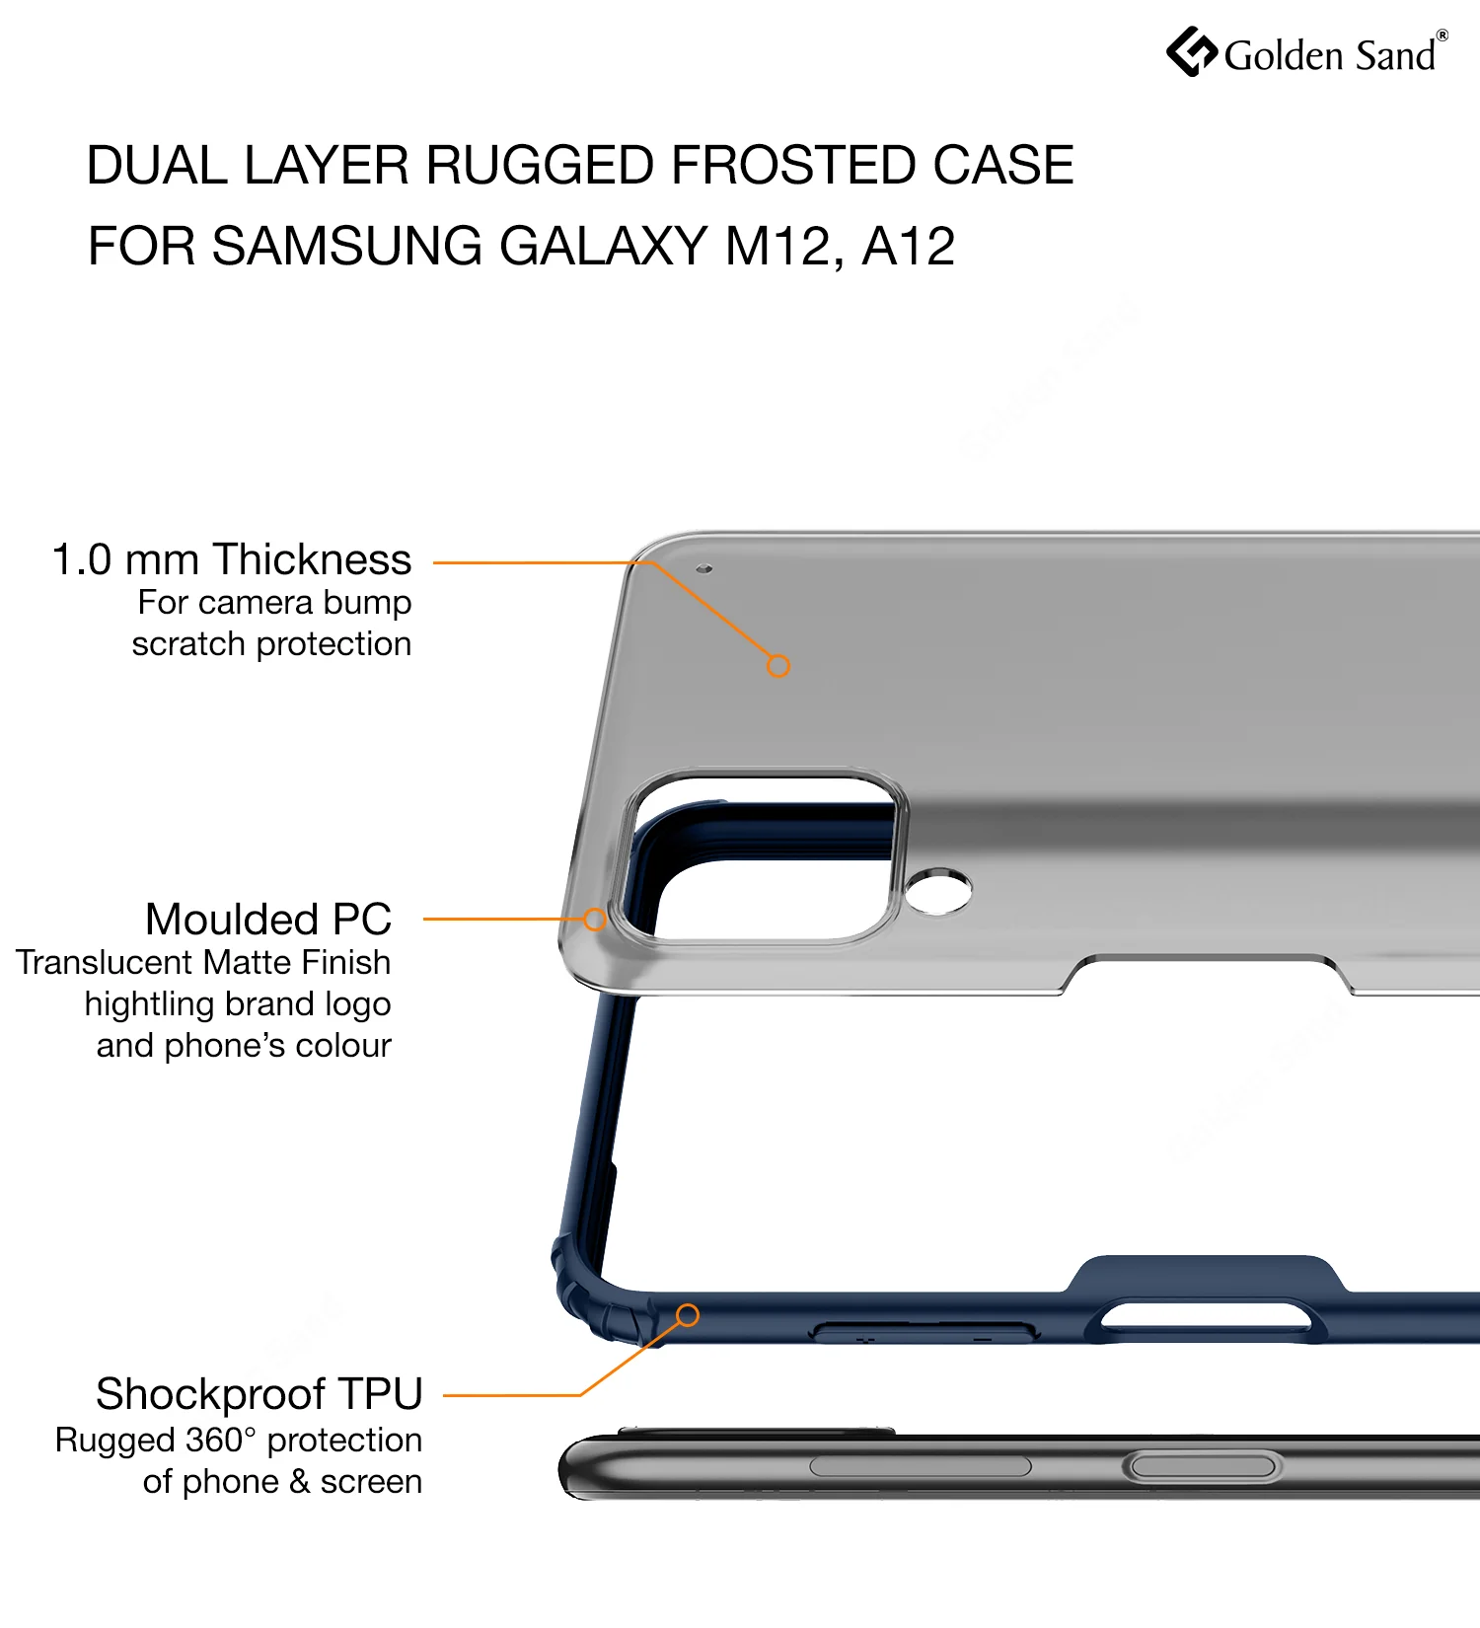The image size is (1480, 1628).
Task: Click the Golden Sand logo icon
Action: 1192,51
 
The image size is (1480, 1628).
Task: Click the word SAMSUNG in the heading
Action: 347,246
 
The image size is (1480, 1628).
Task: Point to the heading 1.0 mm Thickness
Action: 232,559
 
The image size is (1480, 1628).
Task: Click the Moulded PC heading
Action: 268,920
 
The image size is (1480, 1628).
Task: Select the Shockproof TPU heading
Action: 259,1394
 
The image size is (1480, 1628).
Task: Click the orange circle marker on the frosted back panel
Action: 778,666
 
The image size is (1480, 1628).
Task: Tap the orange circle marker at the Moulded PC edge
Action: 594,920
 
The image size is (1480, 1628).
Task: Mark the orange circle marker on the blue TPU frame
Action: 688,1315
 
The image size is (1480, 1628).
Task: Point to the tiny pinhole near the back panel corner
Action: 704,568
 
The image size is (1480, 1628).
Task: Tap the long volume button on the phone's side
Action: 921,1466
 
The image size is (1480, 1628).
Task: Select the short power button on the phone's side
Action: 1203,1466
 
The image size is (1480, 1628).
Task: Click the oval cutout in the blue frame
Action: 1207,1316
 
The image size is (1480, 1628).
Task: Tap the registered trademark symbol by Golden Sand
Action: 1443,36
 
